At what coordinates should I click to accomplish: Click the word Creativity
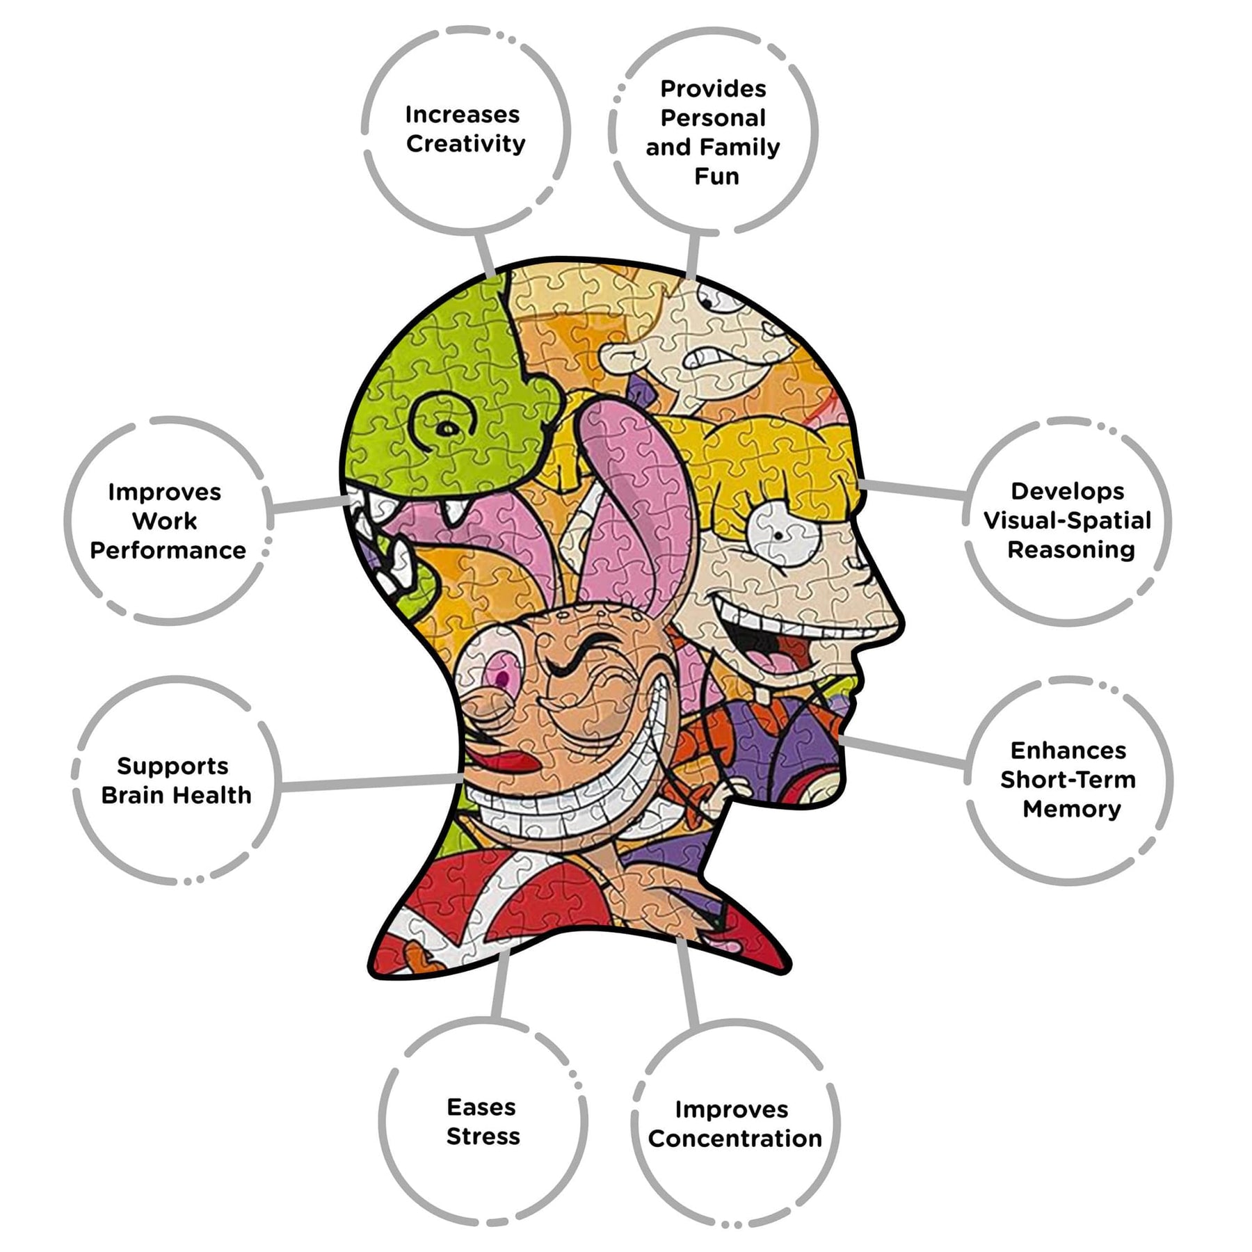(x=465, y=145)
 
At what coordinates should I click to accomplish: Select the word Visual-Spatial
(x=1067, y=520)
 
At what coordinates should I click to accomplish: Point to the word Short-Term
(x=1068, y=779)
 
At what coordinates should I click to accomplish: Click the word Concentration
(x=735, y=1138)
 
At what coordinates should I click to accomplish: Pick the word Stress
(x=483, y=1136)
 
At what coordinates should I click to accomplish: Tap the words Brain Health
(x=176, y=794)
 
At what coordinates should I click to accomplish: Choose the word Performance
(x=168, y=550)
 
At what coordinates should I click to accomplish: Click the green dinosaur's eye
(x=445, y=428)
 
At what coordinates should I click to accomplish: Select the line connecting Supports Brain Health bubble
(x=372, y=782)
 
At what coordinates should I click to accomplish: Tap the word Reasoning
(x=1071, y=549)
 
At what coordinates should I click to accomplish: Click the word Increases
(x=463, y=114)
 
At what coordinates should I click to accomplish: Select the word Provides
(x=713, y=88)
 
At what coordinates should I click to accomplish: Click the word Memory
(x=1072, y=809)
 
